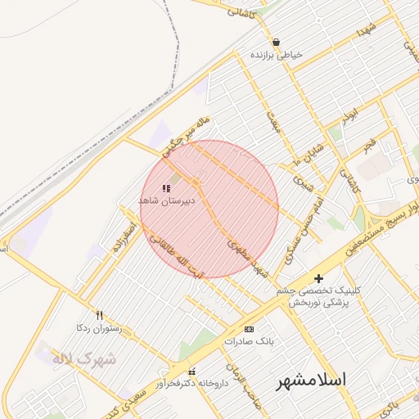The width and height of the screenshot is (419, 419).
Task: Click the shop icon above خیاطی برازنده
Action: click(277, 43)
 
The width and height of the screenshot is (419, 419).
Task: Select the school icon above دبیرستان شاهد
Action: click(167, 188)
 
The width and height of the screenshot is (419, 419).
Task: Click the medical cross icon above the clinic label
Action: click(318, 279)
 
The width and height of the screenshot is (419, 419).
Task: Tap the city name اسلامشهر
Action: click(310, 381)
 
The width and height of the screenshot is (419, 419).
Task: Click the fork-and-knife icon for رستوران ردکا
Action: click(100, 315)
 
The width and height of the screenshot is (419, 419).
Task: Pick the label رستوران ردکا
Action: click(98, 327)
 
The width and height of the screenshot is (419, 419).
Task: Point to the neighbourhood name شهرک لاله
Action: click(84, 358)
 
